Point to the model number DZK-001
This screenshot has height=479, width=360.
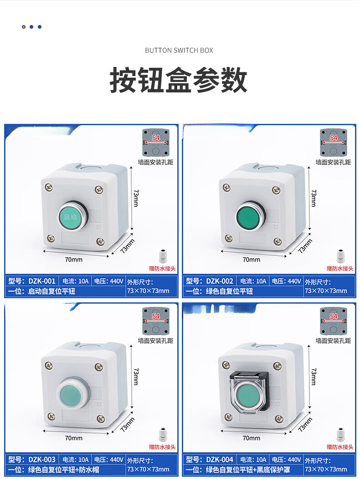pyautogui.click(x=41, y=281)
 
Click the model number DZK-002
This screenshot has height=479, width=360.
pyautogui.click(x=219, y=281)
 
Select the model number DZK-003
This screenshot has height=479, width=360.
pyautogui.click(x=41, y=459)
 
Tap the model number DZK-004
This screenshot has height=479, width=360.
pyautogui.click(x=219, y=459)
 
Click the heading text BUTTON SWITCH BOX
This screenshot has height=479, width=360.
pyautogui.click(x=179, y=51)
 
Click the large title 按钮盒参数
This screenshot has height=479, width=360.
pyautogui.click(x=179, y=80)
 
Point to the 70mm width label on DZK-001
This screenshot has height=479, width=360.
pyautogui.click(x=74, y=260)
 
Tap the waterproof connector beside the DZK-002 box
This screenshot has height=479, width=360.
pyautogui.click(x=340, y=256)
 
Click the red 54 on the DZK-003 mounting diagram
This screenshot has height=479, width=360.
pyautogui.click(x=156, y=316)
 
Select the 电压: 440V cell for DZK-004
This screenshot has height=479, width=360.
pyautogui.click(x=287, y=459)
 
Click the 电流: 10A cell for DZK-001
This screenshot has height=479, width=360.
pyautogui.click(x=76, y=281)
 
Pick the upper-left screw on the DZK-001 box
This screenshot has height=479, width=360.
pyautogui.click(x=49, y=187)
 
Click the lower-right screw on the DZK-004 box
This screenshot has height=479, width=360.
pyautogui.click(x=278, y=418)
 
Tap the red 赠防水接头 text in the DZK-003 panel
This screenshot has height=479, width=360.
pyautogui.click(x=162, y=447)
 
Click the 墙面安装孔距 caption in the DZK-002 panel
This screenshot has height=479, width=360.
pyautogui.click(x=334, y=162)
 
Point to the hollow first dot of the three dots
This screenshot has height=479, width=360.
pyautogui.click(x=24, y=27)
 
